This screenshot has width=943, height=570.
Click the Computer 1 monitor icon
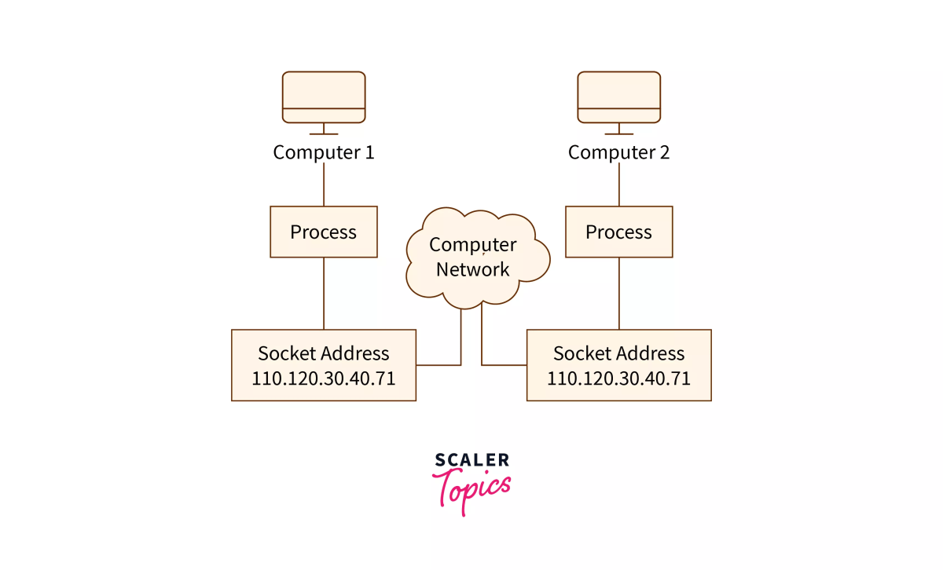click(324, 97)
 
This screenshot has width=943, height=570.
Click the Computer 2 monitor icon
click(619, 97)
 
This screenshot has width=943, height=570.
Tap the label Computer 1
click(324, 152)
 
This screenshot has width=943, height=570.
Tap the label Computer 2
click(619, 152)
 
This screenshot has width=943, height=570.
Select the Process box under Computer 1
click(324, 232)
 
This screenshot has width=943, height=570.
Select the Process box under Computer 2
click(619, 232)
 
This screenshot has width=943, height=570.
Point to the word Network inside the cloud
click(473, 270)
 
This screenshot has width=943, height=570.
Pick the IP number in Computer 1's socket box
click(324, 378)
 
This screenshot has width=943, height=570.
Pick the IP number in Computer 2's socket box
click(619, 378)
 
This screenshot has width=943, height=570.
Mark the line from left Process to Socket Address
click(324, 294)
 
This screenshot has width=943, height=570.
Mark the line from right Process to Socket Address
click(619, 294)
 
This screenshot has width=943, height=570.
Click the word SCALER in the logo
click(472, 459)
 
